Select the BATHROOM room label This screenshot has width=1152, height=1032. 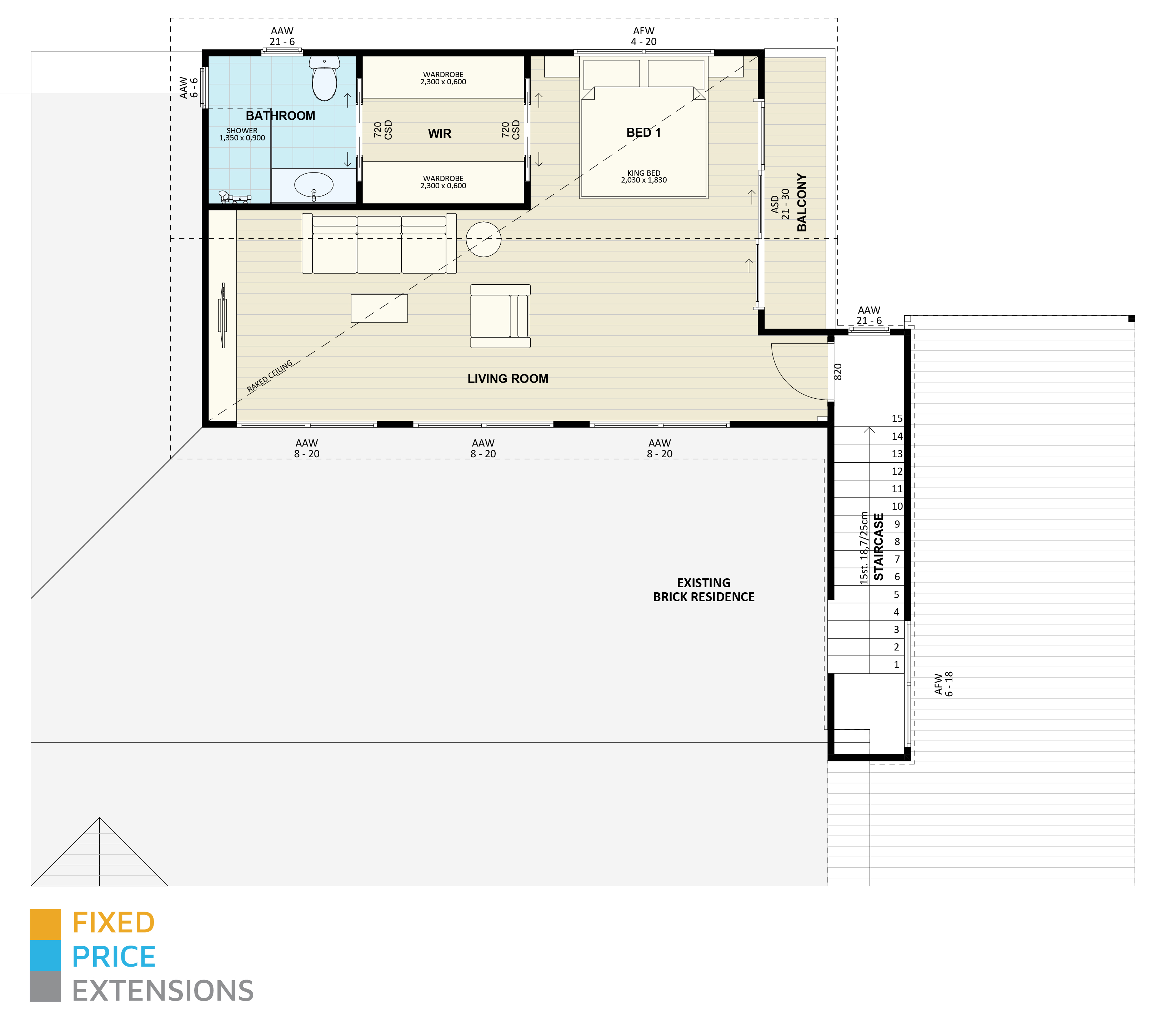point(280,116)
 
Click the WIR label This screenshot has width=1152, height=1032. point(439,134)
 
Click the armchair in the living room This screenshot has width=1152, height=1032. point(500,316)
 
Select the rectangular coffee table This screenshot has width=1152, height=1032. point(379,308)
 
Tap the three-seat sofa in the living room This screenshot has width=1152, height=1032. point(379,244)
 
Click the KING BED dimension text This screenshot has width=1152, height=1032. point(643,177)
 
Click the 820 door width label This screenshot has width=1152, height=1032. point(838,372)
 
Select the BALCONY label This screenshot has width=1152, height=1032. point(801,203)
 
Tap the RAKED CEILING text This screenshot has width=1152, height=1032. point(270,376)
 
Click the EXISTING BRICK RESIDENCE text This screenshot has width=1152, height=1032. point(703,590)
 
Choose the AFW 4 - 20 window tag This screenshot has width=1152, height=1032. point(643,36)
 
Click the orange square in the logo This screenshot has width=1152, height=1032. point(45,924)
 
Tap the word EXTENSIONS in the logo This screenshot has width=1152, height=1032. point(163,991)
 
